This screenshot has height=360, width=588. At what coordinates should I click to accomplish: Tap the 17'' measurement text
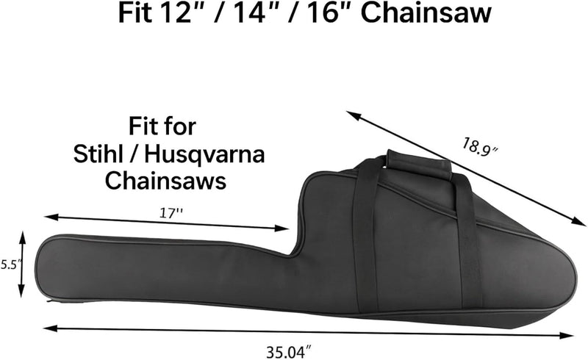pos(171,212)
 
